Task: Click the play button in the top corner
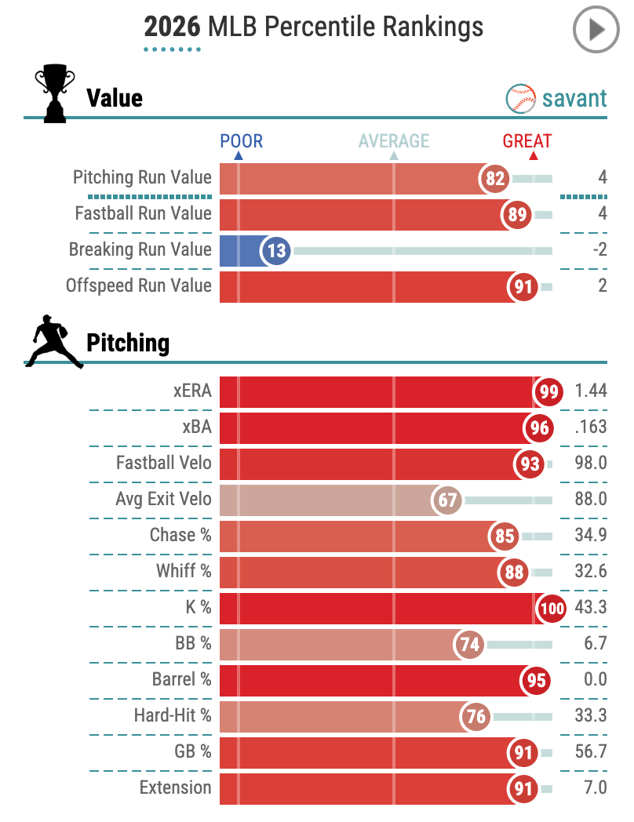tap(596, 31)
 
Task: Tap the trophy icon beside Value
tap(55, 95)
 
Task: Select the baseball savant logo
tap(556, 98)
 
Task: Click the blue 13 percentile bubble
tap(275, 250)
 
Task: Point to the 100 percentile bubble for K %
tap(549, 608)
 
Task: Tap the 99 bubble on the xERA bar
tap(548, 391)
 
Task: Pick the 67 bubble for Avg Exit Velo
tap(449, 500)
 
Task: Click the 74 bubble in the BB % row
tap(469, 644)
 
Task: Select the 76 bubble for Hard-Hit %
tap(475, 716)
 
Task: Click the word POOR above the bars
tap(241, 141)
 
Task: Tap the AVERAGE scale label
tap(394, 141)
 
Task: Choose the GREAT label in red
tap(527, 141)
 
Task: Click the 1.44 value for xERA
tap(590, 391)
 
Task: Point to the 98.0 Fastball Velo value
tap(590, 463)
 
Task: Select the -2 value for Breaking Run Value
tap(599, 249)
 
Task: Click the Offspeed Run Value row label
tap(139, 286)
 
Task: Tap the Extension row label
tap(175, 787)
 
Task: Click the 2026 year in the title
tap(173, 27)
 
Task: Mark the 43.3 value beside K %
tap(590, 607)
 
